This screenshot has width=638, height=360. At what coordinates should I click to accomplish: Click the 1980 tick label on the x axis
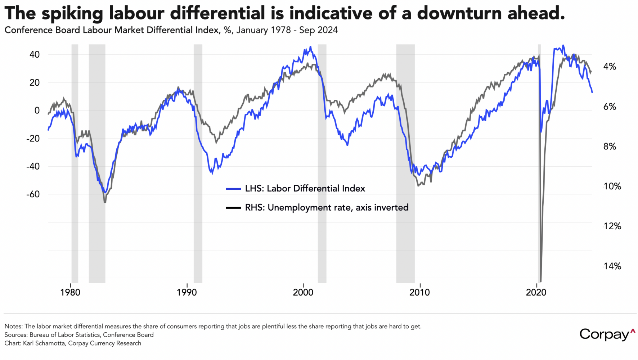(x=70, y=292)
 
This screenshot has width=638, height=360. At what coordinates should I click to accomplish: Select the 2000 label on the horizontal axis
(x=303, y=292)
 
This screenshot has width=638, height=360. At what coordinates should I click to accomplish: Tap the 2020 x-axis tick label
(x=536, y=292)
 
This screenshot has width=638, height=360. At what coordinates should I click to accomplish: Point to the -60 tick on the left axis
(x=32, y=194)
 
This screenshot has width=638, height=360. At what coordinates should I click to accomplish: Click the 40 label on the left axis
(x=35, y=55)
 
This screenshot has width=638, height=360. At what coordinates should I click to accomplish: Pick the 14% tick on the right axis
(x=612, y=266)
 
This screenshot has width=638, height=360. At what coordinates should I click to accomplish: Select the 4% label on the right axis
(x=610, y=67)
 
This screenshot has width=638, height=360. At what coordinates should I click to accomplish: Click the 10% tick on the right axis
(x=612, y=186)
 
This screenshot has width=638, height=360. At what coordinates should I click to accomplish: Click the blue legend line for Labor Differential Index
(x=233, y=189)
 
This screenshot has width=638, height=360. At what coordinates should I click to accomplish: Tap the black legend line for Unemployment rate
(x=233, y=208)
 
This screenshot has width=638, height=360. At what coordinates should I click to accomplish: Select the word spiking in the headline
(x=72, y=14)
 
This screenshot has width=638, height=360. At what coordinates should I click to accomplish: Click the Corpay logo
(x=607, y=334)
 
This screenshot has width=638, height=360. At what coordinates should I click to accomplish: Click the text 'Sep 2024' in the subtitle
(x=318, y=30)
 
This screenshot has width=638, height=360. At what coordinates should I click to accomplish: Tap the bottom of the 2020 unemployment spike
(x=540, y=280)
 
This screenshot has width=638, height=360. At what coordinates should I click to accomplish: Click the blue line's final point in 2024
(x=592, y=93)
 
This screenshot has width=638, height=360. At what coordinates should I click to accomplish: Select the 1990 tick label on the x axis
(x=187, y=292)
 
